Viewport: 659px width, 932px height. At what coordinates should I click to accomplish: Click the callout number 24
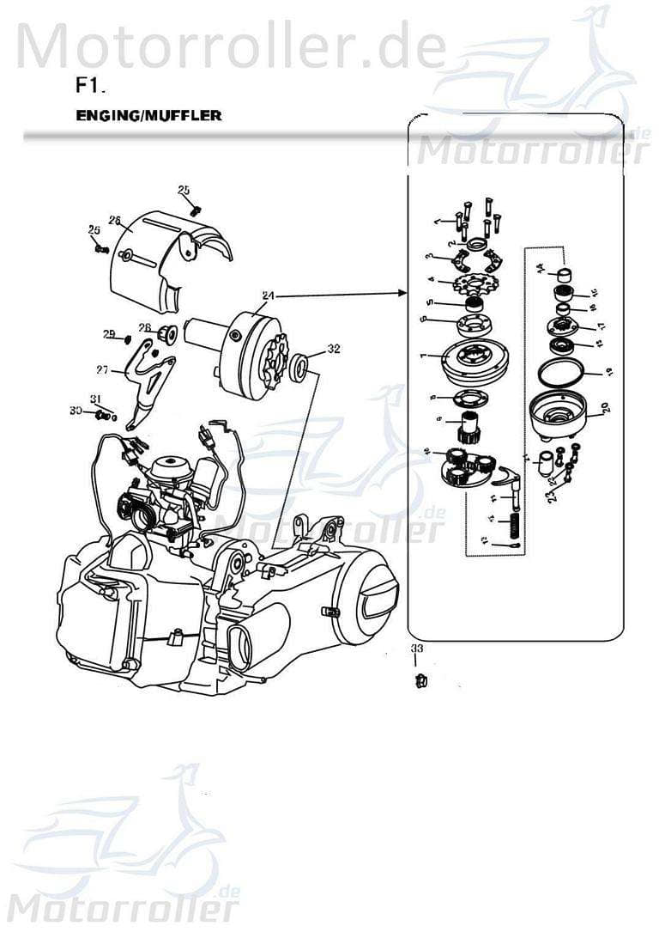[268, 295]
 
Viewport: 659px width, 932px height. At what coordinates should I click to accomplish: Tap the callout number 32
[334, 349]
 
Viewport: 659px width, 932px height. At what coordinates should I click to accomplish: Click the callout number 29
[109, 334]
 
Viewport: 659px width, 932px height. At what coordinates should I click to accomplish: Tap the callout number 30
[76, 411]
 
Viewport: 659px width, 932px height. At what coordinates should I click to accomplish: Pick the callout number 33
[416, 648]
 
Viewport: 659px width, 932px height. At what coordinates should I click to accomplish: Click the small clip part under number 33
[420, 681]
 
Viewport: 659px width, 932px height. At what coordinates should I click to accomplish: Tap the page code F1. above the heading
[90, 86]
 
